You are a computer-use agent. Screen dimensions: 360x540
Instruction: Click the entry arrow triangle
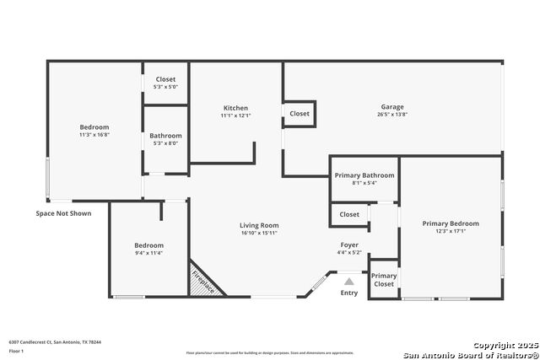[x=348, y=282]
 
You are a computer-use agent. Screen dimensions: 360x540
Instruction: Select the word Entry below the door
[x=348, y=293]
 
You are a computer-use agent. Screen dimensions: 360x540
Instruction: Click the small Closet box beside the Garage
[x=300, y=114]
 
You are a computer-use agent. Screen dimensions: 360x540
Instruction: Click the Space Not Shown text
[x=63, y=213]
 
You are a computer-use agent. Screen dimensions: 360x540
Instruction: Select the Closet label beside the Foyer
[x=349, y=214]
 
